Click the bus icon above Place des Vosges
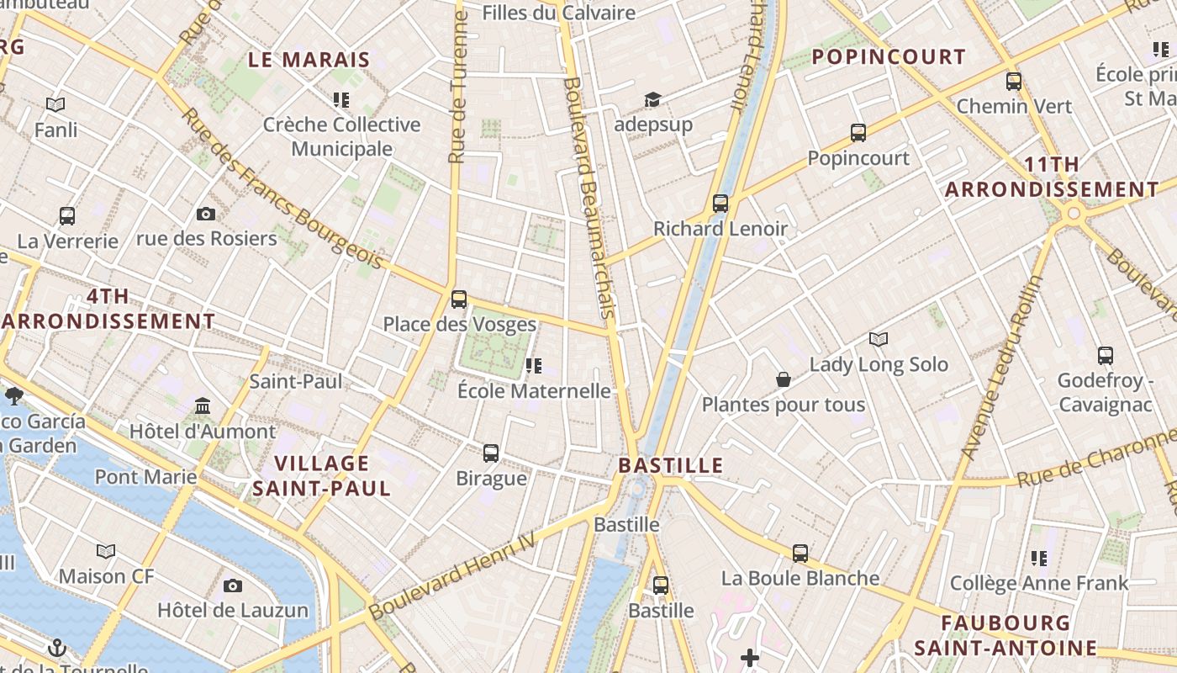459,299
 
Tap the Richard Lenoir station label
720,228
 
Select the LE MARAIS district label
309,60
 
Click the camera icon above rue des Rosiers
206,215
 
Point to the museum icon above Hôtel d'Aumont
203,407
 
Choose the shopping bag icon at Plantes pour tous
784,380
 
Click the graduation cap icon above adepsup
652,100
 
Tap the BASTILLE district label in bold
671,465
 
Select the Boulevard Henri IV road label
452,575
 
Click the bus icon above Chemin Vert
1014,82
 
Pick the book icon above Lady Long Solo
879,340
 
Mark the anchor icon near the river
57,648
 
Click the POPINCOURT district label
889,57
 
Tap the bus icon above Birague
491,453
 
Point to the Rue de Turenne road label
458,88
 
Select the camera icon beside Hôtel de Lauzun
233,586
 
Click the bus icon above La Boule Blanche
800,554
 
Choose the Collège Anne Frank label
1039,583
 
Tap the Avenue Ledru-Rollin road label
1000,368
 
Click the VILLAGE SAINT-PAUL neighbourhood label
322,475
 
